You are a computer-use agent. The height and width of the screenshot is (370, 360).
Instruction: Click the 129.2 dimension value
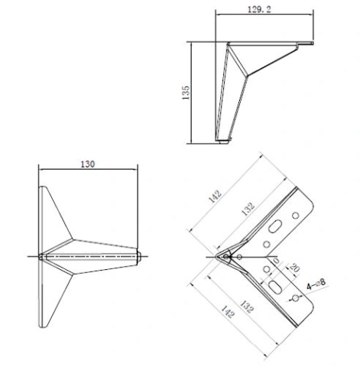click(x=259, y=9)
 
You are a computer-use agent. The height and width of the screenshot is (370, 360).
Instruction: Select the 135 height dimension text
click(x=186, y=92)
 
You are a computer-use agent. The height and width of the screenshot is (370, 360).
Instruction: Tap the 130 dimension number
click(x=88, y=164)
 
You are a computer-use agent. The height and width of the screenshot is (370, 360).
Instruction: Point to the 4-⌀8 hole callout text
click(x=316, y=284)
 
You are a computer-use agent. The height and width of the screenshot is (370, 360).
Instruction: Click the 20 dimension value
click(x=294, y=268)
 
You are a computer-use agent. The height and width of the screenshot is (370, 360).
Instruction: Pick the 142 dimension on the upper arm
click(x=216, y=196)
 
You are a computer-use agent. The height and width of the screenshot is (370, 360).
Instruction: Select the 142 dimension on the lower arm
click(x=227, y=312)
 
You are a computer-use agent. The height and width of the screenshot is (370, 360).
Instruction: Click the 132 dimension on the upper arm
click(x=248, y=209)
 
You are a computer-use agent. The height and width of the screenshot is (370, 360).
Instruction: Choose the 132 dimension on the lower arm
click(x=247, y=307)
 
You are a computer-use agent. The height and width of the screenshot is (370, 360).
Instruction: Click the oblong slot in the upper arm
click(x=275, y=226)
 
